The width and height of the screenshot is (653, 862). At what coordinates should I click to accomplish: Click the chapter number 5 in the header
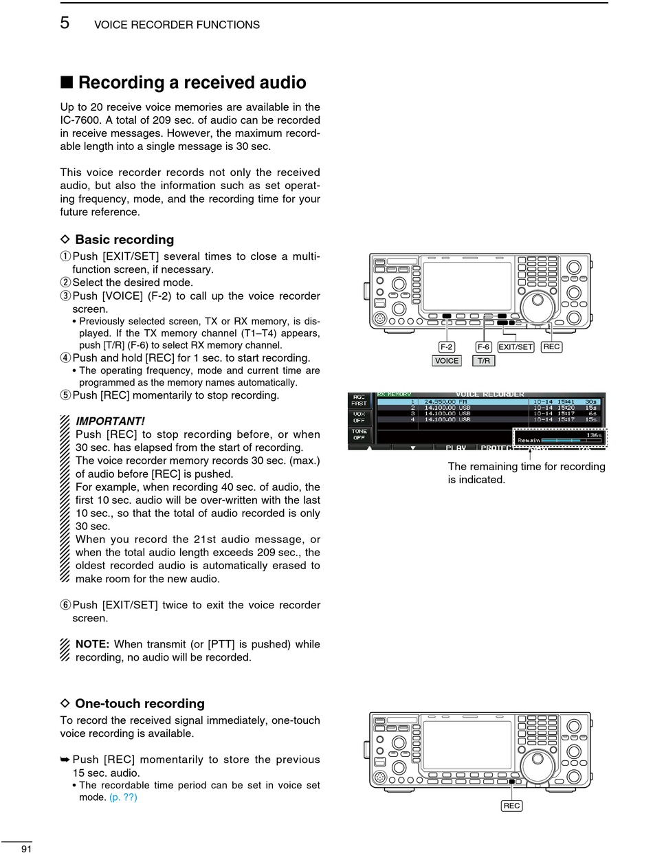pos(65,23)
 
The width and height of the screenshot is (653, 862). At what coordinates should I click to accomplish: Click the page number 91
pos(27,849)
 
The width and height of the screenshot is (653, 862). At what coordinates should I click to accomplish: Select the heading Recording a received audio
pos(192,82)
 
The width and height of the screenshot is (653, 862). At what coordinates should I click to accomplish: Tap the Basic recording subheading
pos(124,240)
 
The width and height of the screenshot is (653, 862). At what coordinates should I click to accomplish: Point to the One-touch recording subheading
pos(140,704)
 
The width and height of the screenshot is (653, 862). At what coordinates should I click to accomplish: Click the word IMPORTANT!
pos(110,421)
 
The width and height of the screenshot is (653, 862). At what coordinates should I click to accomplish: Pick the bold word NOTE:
pos(92,644)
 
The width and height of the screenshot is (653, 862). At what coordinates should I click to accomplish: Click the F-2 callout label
pos(447,347)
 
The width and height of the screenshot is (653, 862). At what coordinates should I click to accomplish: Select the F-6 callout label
pos(484,347)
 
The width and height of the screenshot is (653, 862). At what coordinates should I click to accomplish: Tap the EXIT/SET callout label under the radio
pos(516,347)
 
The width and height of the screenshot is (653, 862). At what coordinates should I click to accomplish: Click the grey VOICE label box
pos(447,361)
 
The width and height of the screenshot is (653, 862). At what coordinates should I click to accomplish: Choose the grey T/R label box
pos(484,361)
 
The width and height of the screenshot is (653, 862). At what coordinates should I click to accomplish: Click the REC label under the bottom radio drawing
pos(511,806)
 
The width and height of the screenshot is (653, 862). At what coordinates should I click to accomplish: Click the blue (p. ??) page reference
pos(123,797)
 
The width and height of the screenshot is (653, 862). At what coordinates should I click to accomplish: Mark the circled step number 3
pos(65,296)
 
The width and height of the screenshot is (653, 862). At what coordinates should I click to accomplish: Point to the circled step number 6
pos(65,606)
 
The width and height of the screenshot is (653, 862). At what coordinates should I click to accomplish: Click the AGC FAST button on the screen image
pos(359,400)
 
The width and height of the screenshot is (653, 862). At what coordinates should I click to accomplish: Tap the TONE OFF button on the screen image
pos(359,434)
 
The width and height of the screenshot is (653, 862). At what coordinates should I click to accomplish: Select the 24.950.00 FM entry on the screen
pos(447,401)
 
